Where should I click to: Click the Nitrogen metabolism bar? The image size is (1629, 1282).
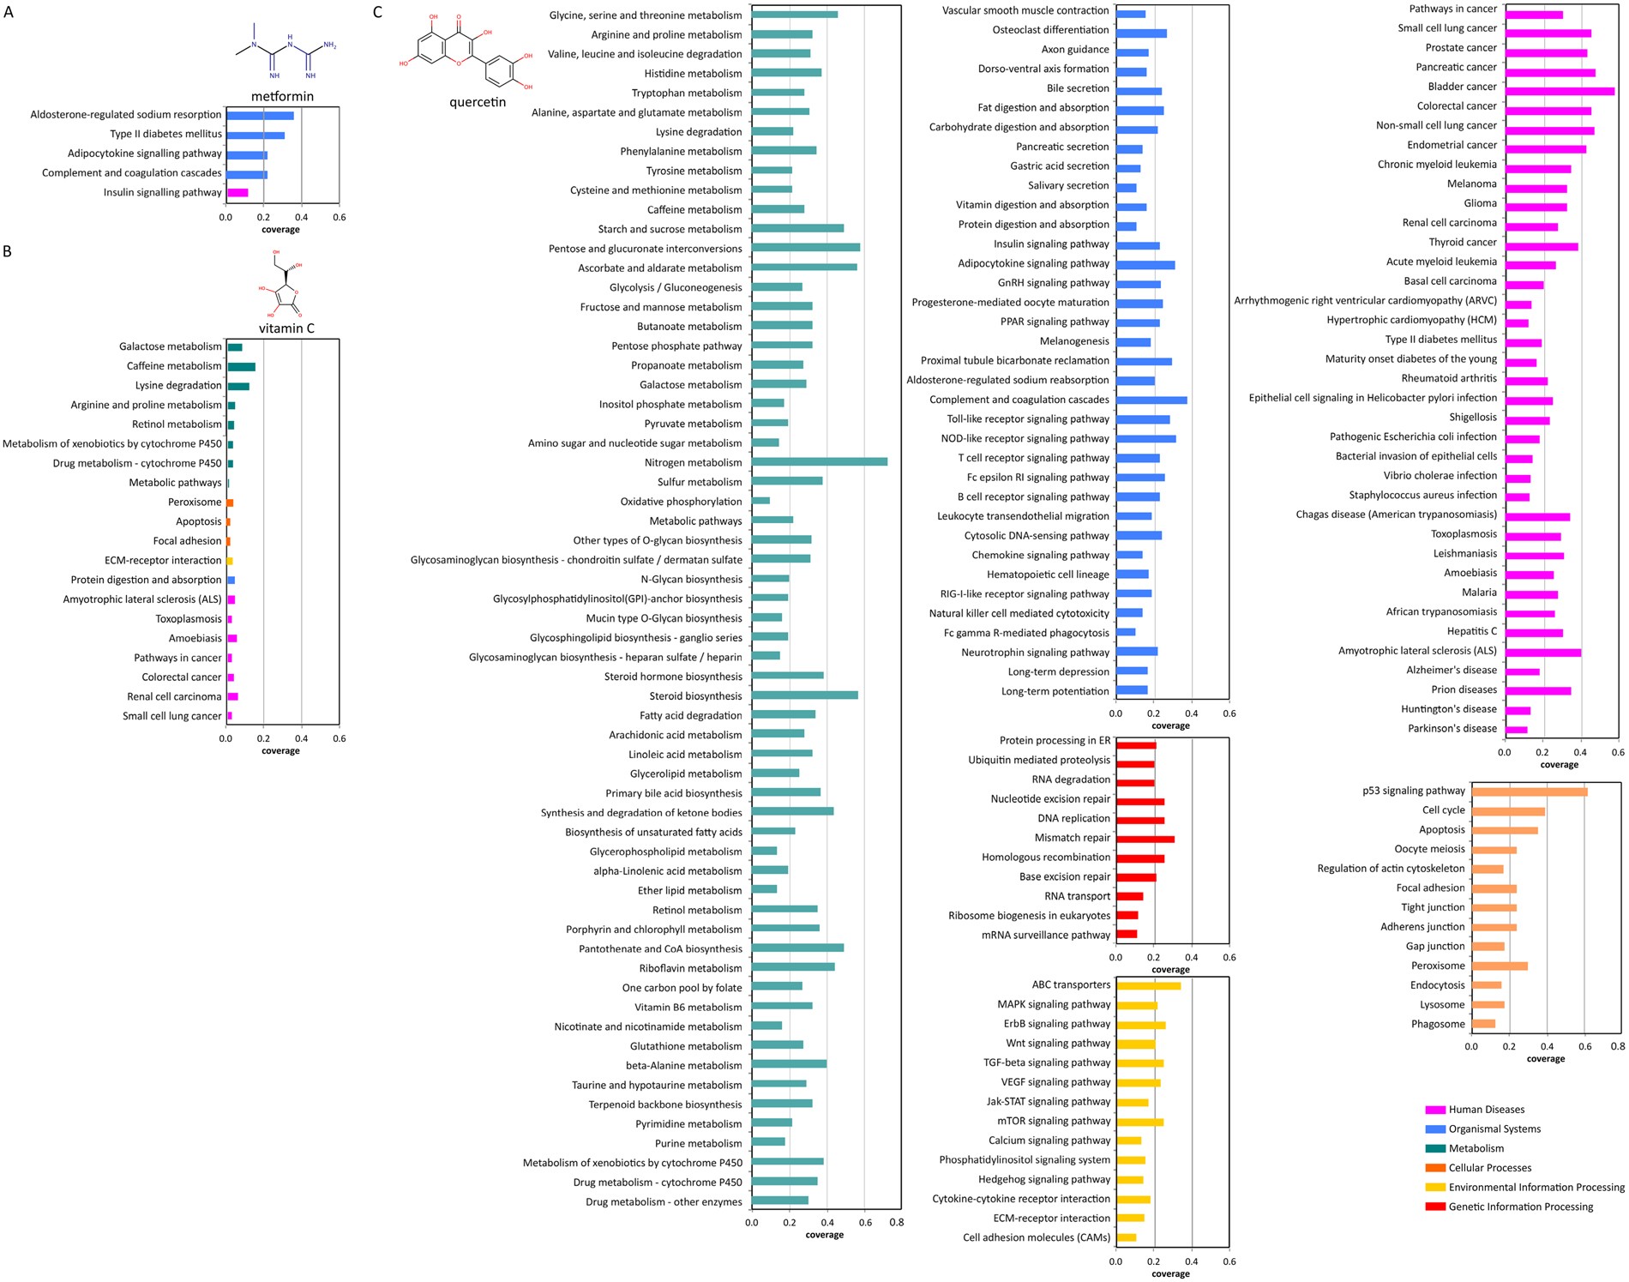(819, 462)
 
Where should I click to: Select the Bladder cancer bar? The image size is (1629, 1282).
(1560, 91)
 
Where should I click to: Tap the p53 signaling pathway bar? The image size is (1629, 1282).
(1529, 791)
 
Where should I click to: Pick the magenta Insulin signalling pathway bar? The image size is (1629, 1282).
(237, 193)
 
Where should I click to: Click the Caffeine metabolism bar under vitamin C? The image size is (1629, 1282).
(241, 367)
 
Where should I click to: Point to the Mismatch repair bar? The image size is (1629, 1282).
(1145, 839)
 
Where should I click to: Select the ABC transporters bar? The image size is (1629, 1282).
(1148, 986)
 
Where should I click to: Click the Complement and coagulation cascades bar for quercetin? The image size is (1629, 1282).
(1151, 400)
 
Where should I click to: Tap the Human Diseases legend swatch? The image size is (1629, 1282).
(1434, 1110)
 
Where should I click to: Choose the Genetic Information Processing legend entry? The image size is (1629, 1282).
(1520, 1207)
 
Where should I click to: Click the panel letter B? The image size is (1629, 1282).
(8, 251)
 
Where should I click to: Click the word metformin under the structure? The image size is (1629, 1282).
(282, 96)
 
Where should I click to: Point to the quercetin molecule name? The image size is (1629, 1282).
(478, 102)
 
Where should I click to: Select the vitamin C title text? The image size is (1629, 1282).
(286, 328)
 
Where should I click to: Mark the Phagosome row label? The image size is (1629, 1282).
(1438, 1024)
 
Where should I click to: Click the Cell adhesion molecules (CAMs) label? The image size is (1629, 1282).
(1036, 1237)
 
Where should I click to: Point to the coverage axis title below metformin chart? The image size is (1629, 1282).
(280, 230)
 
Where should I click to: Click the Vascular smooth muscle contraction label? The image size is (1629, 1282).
(1025, 10)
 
